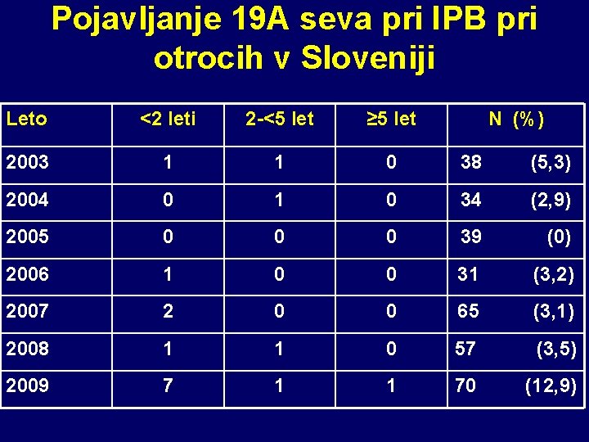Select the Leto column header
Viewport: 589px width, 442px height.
(26, 120)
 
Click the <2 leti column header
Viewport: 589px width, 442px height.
(168, 120)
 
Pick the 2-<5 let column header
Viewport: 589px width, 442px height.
(280, 120)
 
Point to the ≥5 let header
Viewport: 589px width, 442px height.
(391, 120)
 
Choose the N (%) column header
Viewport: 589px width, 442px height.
(516, 120)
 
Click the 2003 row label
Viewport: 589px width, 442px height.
(27, 163)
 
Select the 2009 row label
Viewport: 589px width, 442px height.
(27, 386)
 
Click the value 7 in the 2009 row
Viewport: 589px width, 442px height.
(168, 386)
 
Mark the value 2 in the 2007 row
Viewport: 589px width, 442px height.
(168, 312)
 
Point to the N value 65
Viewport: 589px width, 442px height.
(467, 312)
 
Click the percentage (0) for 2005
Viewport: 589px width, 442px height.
(559, 238)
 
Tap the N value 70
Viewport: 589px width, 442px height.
(465, 386)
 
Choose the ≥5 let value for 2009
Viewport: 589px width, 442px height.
(391, 386)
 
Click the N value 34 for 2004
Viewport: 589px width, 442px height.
(471, 200)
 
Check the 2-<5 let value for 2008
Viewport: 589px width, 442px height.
(280, 349)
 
